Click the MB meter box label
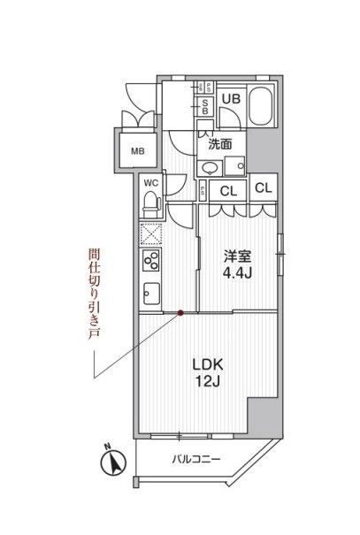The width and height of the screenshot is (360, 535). point(137,150)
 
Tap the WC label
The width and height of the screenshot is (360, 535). point(150,183)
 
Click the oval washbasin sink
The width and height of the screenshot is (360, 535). point(211,168)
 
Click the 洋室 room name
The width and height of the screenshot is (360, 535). point(237,256)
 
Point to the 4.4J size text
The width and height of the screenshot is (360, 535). point(237,273)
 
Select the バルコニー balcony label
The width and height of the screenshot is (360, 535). point(196,459)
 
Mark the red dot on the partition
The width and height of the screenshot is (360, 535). point(180,311)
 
